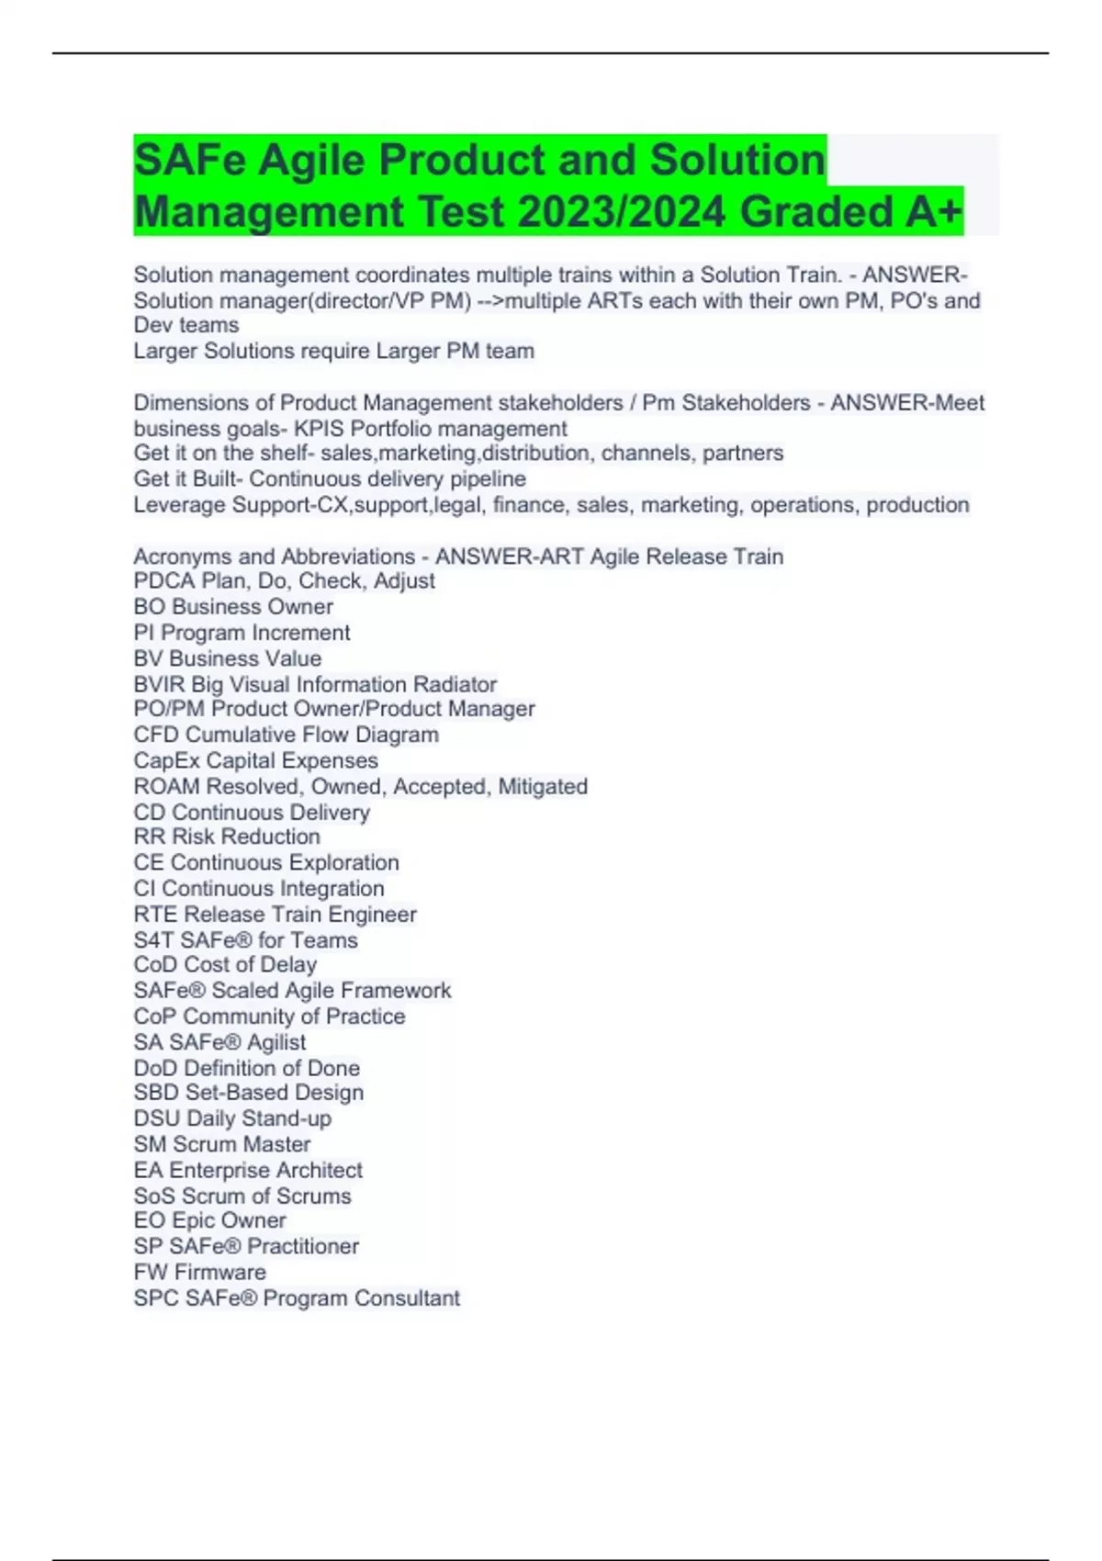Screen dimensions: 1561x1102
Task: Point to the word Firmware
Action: [220, 1273]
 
